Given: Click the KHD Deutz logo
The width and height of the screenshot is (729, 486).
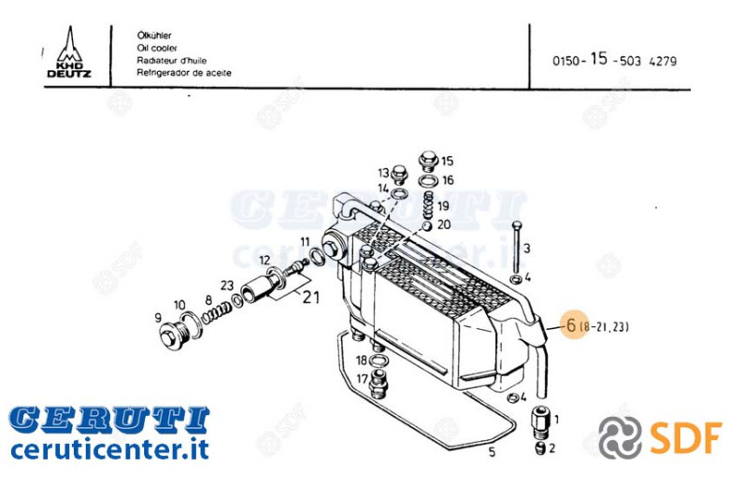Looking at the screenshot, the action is point(69,52).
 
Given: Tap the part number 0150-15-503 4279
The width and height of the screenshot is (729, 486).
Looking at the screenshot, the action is point(614,60).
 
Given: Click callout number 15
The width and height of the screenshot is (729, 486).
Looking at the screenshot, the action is point(447,161).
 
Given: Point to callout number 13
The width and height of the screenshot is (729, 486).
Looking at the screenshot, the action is point(383,173).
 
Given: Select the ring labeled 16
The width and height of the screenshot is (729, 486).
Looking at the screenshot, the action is point(428,180).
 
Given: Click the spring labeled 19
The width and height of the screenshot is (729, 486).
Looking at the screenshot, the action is point(428,206).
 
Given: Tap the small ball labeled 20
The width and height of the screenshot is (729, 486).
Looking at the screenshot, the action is point(426,226).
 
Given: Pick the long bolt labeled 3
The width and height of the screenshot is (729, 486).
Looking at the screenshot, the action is point(515,249).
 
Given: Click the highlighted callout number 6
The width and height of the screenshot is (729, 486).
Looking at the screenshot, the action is point(571,324).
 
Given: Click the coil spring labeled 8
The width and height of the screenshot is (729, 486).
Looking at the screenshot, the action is point(216,312).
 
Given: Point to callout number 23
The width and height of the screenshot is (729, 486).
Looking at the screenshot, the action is point(226,285).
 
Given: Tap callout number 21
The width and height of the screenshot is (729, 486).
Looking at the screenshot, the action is point(310,296).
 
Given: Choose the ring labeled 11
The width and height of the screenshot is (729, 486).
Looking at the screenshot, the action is point(317,256).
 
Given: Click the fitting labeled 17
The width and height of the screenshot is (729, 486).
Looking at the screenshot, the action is point(379,384).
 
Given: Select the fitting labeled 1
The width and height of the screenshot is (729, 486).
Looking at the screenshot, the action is point(540,422).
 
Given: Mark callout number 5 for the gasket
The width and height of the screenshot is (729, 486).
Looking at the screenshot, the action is point(492,451).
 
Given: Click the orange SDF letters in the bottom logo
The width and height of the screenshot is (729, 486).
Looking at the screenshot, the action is point(686,436).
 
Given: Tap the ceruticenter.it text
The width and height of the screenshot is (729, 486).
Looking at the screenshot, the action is point(109,449).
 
